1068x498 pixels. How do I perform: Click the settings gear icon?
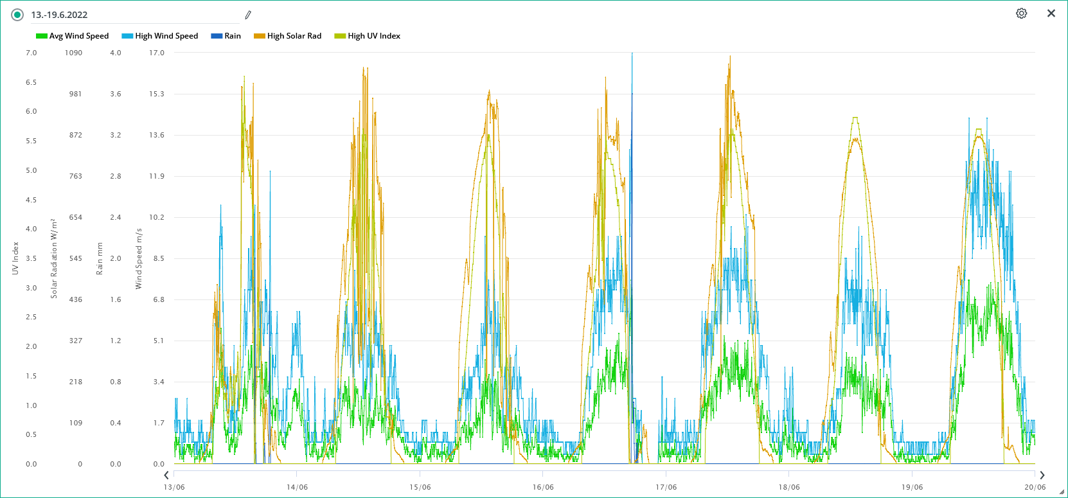click(x=1021, y=13)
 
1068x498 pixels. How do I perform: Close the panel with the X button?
click(x=1051, y=13)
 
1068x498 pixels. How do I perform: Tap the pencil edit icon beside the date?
click(x=248, y=15)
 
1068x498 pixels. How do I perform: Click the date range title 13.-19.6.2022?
click(x=59, y=15)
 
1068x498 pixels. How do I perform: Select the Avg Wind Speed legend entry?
click(x=73, y=36)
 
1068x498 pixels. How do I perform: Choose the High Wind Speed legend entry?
click(x=160, y=36)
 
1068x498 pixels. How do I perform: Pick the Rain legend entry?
click(x=226, y=36)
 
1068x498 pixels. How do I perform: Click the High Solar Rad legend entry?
click(x=288, y=36)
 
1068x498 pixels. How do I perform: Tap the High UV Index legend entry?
click(x=368, y=36)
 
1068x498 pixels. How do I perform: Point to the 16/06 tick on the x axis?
click(x=543, y=487)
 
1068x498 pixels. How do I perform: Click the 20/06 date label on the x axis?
click(x=1035, y=487)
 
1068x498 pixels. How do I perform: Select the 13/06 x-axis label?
click(x=174, y=487)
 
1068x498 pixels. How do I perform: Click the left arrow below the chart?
click(x=166, y=476)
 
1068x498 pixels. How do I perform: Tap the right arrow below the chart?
click(x=1042, y=476)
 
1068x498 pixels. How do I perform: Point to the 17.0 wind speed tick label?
click(x=157, y=53)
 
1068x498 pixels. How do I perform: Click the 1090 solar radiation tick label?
click(x=73, y=53)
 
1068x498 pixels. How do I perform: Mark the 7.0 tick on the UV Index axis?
click(x=31, y=53)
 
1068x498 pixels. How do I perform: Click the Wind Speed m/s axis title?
click(x=138, y=258)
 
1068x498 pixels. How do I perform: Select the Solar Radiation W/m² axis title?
click(x=54, y=258)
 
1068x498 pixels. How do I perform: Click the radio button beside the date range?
click(x=17, y=15)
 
